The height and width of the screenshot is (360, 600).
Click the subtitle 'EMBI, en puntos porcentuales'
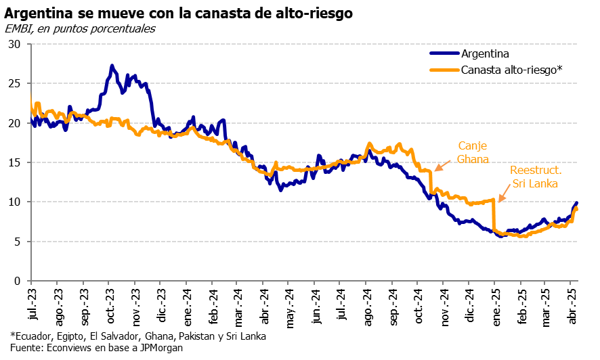tap(80, 28)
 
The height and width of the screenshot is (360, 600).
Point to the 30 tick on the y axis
tap(15, 45)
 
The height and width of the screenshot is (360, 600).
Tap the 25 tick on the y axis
tap(15, 84)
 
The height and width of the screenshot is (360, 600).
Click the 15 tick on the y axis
tap(15, 162)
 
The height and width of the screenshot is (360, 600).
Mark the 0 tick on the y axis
tap(18, 281)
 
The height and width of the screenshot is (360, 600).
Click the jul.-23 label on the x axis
tap(32, 305)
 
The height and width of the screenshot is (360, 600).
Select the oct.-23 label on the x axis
tap(109, 305)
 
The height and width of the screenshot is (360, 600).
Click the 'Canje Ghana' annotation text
tap(472, 152)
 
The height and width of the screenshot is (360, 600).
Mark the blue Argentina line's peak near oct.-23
tap(112, 66)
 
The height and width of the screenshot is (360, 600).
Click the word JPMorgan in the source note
tap(160, 348)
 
